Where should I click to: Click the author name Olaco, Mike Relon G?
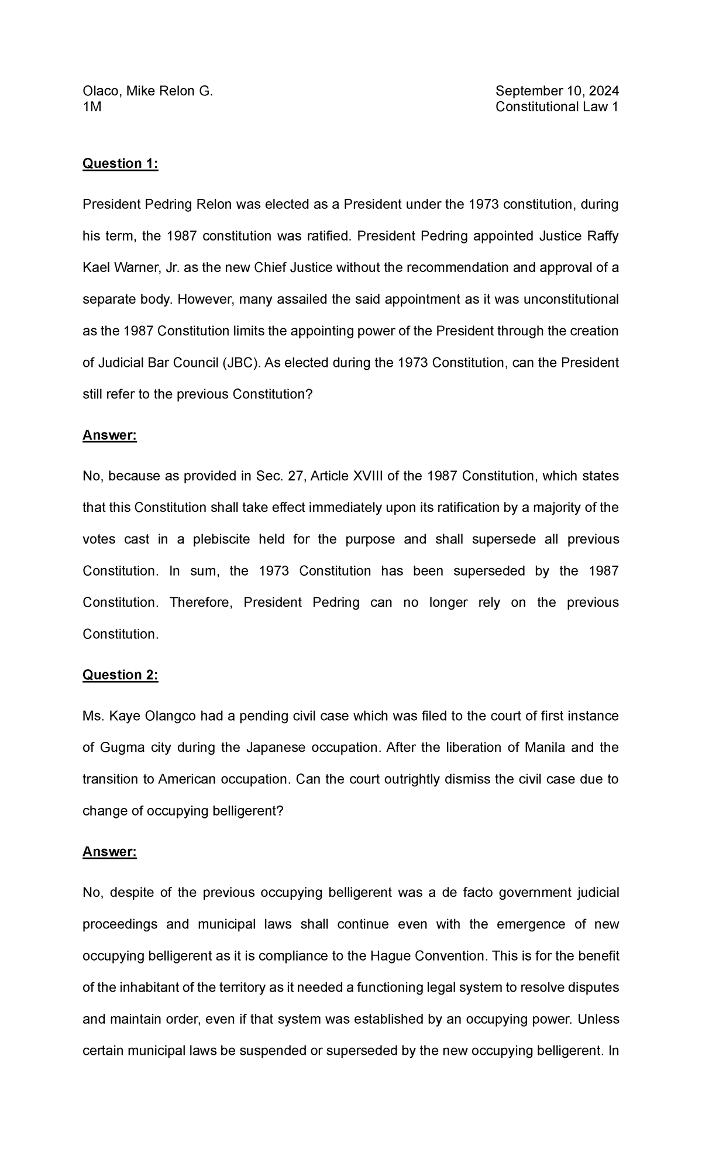147,91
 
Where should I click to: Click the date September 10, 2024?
557,91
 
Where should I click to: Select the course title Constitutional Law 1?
557,107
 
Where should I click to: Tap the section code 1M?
92,107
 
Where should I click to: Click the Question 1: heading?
121,164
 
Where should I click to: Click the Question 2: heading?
121,675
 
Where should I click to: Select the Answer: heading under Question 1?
109,436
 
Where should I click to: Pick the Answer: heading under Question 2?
109,852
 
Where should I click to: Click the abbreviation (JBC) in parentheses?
242,363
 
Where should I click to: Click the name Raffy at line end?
602,236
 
